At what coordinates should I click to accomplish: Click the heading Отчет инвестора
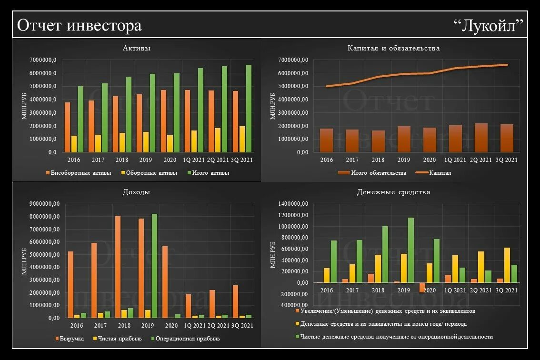pyautogui.click(x=80, y=25)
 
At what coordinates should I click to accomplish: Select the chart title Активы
pyautogui.click(x=137, y=48)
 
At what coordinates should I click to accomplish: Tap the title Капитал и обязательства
pyautogui.click(x=393, y=48)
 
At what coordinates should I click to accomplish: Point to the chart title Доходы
pyautogui.click(x=137, y=192)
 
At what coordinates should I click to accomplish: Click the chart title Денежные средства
pyautogui.click(x=393, y=192)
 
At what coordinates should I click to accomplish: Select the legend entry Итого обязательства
pyautogui.click(x=378, y=173)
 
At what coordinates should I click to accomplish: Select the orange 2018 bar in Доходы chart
pyautogui.click(x=118, y=267)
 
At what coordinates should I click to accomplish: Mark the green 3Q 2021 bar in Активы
pyautogui.click(x=249, y=109)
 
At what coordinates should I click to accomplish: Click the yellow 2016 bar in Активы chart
pyautogui.click(x=74, y=144)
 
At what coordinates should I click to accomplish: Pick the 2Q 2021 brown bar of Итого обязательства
pyautogui.click(x=481, y=138)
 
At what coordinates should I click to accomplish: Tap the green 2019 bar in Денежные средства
pyautogui.click(x=411, y=250)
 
